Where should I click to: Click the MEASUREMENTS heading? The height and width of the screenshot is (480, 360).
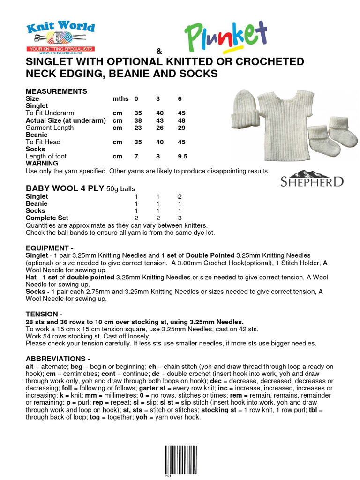(x=56, y=91)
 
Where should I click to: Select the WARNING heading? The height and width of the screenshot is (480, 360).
(x=42, y=163)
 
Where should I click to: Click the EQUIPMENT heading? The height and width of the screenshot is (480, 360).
(x=49, y=247)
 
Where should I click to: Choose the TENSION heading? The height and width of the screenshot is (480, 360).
(x=44, y=313)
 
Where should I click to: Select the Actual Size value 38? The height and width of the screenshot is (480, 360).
(x=138, y=120)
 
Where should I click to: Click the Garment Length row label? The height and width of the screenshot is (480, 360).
(x=49, y=127)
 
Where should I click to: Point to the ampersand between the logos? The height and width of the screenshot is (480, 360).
(x=158, y=51)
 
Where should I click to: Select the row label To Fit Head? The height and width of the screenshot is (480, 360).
(x=43, y=142)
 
